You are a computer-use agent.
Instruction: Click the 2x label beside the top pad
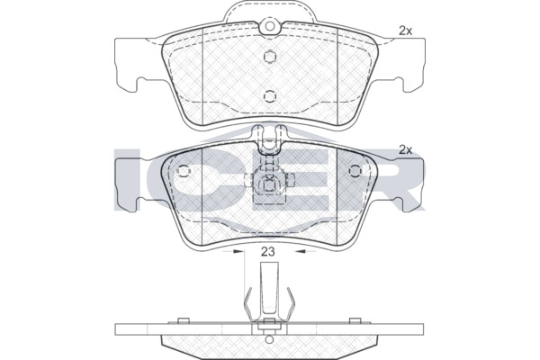point(405,31)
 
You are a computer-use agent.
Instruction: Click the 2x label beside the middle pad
point(405,150)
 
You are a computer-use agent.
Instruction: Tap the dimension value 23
point(267,252)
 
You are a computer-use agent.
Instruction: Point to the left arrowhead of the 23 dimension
point(238,252)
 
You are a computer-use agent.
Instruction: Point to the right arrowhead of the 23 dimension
point(301,252)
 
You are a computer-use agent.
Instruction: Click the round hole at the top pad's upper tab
point(270,26)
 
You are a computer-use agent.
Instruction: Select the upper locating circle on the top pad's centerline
point(270,57)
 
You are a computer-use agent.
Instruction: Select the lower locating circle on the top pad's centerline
point(270,96)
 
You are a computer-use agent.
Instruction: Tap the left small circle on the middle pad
point(184,171)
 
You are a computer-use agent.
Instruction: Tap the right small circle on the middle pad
point(355,171)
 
